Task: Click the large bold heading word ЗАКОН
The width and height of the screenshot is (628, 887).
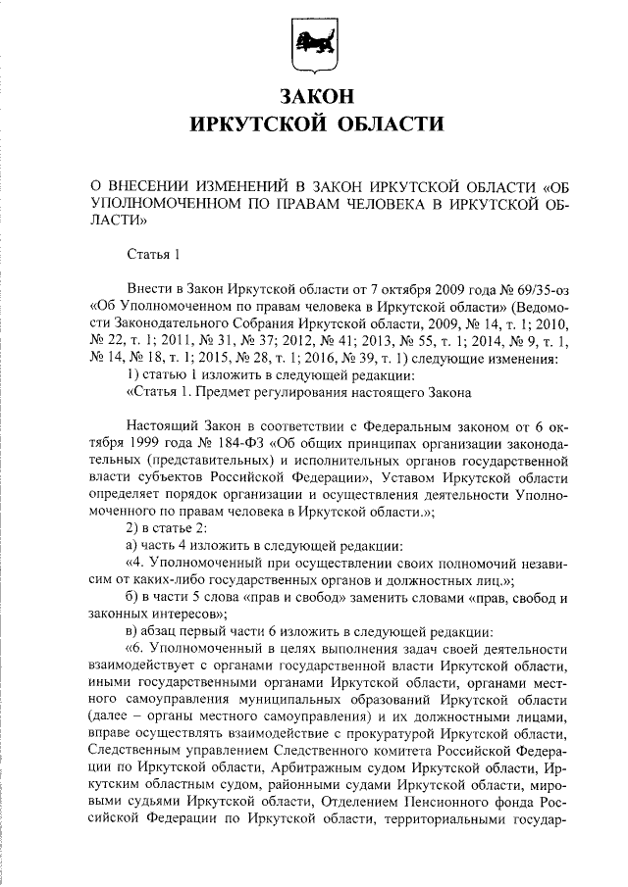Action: [313, 97]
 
